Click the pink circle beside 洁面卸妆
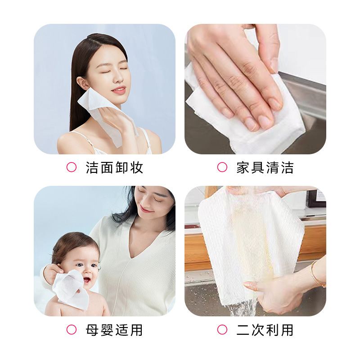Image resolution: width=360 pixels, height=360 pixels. click(x=72, y=167)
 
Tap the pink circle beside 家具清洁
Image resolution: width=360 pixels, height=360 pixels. click(x=222, y=167)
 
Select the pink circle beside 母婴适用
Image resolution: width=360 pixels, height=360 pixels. click(x=72, y=330)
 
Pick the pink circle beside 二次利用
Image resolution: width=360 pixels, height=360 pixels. click(x=222, y=330)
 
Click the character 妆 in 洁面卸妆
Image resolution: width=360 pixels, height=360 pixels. click(x=137, y=167)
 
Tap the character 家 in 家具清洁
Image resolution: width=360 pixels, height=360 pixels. click(x=243, y=167)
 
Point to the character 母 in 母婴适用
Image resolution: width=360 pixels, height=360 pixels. click(x=92, y=330)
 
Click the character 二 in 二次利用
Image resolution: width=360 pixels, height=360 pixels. click(x=243, y=330)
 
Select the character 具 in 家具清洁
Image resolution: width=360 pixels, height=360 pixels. click(x=257, y=167)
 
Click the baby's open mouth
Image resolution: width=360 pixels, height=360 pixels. click(x=86, y=280)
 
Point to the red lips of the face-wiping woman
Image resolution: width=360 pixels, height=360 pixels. click(x=119, y=90)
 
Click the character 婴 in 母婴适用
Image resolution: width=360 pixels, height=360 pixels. click(x=107, y=330)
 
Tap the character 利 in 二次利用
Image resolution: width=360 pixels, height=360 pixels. click(x=272, y=330)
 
